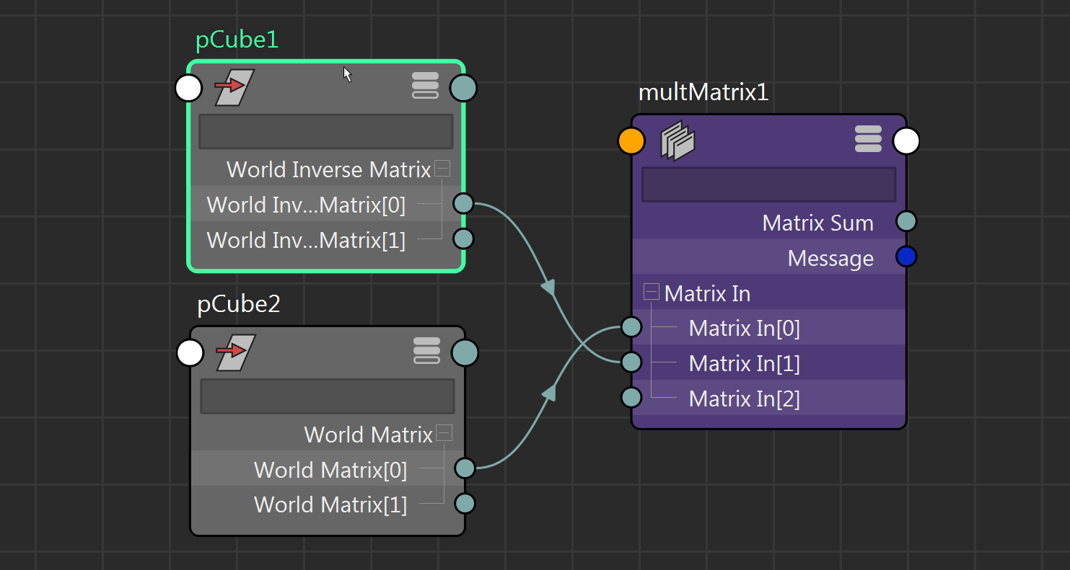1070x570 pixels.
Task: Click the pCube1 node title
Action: (237, 40)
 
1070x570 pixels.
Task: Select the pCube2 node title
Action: (238, 305)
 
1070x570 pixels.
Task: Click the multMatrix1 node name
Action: (703, 92)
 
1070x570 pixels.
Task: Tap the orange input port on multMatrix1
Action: (631, 141)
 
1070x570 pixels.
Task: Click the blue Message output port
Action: (906, 257)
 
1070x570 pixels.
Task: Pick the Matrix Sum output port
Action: (906, 221)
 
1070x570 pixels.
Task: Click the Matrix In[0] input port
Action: (631, 327)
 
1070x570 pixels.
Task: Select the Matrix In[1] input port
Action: (631, 362)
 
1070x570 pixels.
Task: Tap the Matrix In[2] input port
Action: (631, 397)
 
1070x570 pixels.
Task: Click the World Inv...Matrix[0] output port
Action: (463, 204)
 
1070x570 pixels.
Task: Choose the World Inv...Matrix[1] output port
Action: (463, 239)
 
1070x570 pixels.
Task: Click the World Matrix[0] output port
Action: (465, 468)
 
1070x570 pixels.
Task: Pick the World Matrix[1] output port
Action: (465, 503)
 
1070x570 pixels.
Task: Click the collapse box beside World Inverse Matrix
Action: (443, 169)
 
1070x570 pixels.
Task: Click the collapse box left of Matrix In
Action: (652, 292)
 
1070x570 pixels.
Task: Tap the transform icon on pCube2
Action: (235, 352)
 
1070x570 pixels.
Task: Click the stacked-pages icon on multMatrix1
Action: (677, 141)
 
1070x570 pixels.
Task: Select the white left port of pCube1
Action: (189, 89)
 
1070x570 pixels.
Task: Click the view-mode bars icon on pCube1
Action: (426, 86)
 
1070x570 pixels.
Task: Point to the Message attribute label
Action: (830, 258)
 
